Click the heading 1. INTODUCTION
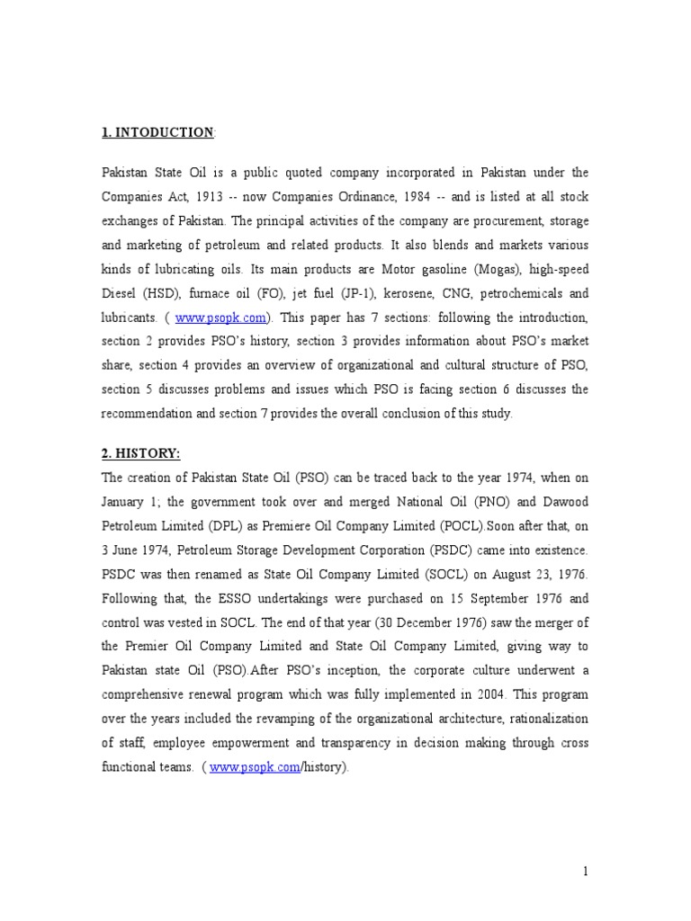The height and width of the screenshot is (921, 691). point(157,133)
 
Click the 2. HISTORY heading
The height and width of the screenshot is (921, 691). point(140,454)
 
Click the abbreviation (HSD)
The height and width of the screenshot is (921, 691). point(159,292)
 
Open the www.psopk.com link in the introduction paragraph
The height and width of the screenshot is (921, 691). point(220,317)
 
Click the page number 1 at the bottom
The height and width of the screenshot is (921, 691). point(586,871)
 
